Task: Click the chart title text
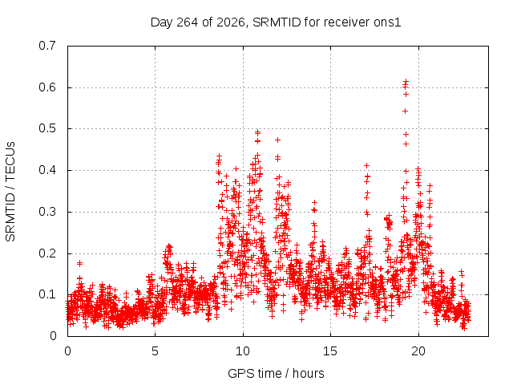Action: point(276,22)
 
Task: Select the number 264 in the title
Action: point(187,22)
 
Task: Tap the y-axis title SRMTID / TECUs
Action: point(10,192)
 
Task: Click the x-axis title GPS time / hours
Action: point(276,373)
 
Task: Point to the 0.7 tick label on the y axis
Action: point(47,46)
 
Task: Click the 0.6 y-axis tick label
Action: point(47,87)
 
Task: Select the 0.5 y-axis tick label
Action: point(47,128)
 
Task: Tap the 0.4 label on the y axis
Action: point(47,170)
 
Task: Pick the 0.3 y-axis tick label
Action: point(47,212)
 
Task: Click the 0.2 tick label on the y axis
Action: point(47,253)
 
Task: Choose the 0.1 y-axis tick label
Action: point(47,294)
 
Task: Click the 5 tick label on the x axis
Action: point(155,351)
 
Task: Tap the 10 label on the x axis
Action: point(243,351)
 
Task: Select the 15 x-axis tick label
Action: point(330,351)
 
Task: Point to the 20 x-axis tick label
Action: point(418,351)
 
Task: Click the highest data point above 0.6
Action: point(406,81)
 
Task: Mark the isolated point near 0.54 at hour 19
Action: point(405,111)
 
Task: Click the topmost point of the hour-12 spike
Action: point(278,140)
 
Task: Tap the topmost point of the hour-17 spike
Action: point(367,166)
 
